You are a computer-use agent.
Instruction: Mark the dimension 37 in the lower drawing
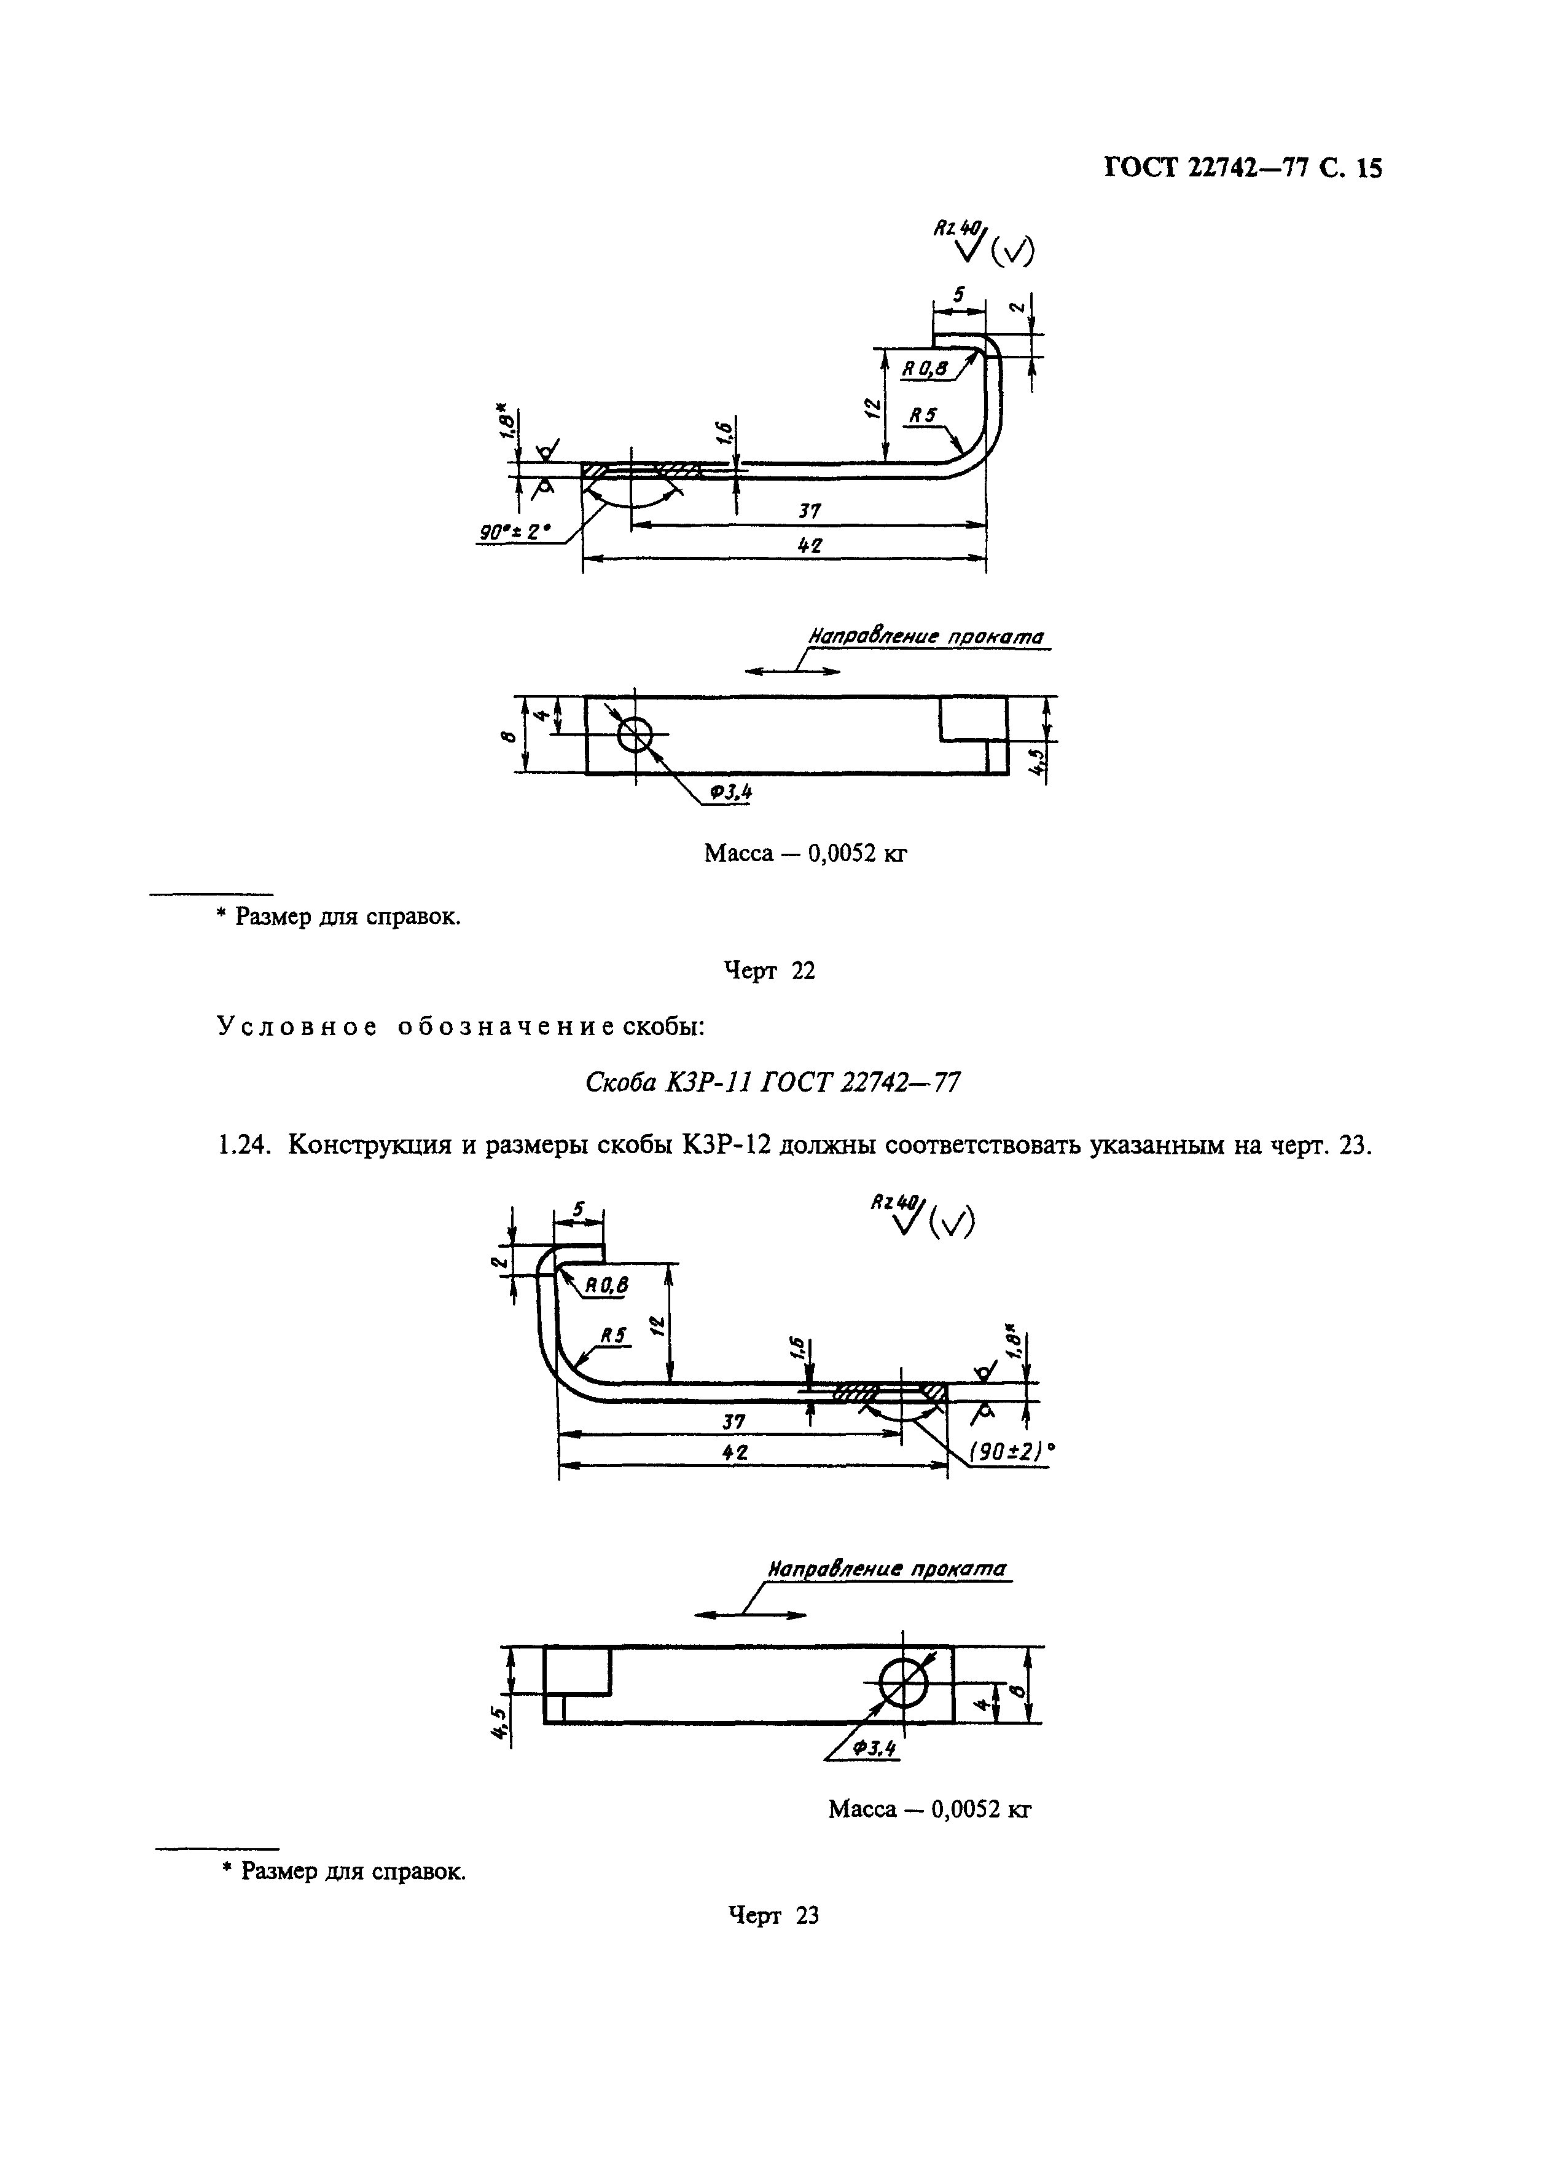tap(733, 1422)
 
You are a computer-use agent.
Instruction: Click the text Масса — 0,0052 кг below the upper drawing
tap(805, 854)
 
